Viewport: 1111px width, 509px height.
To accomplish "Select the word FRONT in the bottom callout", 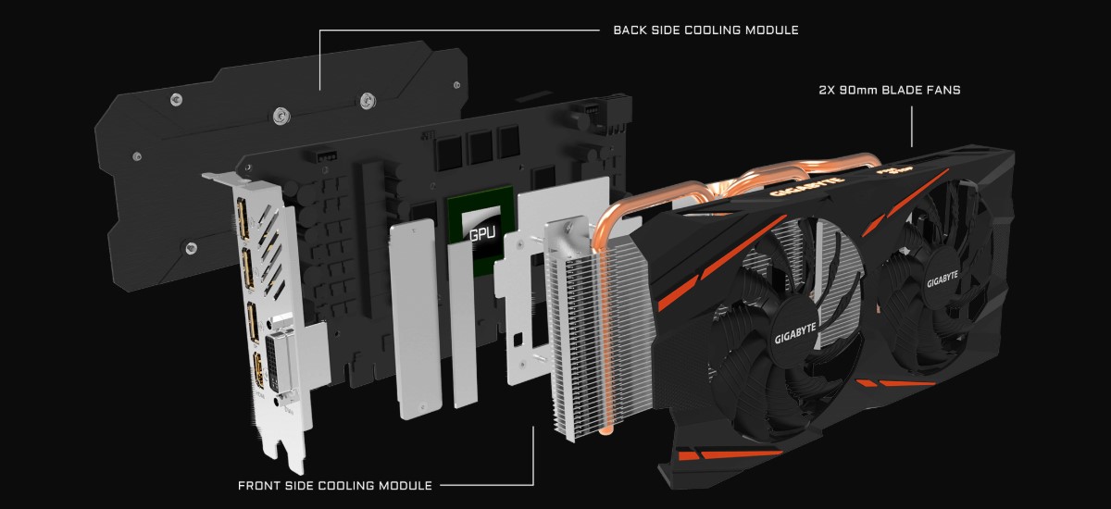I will [260, 484].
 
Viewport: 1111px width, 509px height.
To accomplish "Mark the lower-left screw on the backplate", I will [190, 247].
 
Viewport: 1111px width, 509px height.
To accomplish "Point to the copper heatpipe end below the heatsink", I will [606, 427].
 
